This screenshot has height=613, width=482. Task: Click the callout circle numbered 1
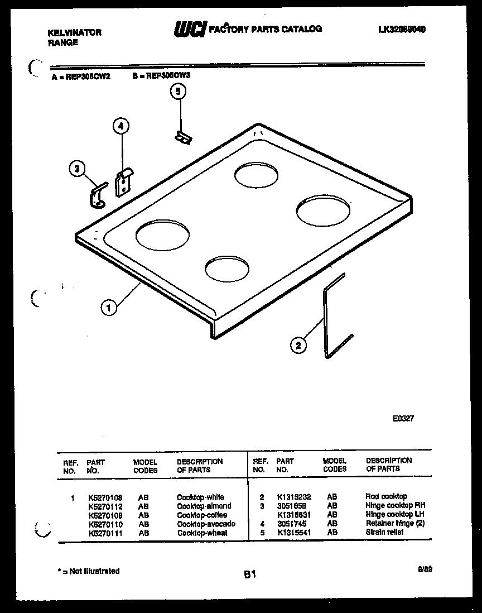[109, 306]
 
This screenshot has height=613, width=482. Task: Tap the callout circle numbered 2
[298, 346]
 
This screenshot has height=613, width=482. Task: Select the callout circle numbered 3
[78, 168]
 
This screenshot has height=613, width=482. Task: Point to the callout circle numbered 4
[120, 126]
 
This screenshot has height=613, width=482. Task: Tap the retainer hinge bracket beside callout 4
[123, 181]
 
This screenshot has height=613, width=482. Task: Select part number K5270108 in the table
[105, 497]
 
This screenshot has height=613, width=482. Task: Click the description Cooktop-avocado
[206, 524]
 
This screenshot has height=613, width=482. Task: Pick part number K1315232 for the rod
[294, 496]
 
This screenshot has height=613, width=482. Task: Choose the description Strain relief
[384, 532]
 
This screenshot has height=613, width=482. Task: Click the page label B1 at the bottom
[249, 573]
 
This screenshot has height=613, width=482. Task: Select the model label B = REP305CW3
[161, 76]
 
